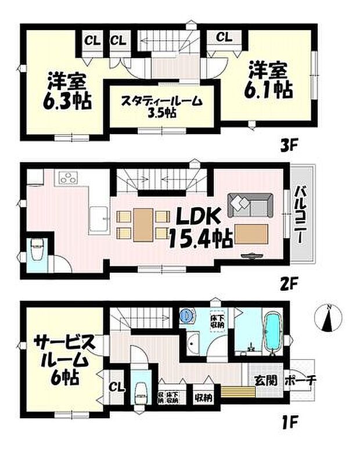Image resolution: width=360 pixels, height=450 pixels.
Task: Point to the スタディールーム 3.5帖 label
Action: pos(161,105)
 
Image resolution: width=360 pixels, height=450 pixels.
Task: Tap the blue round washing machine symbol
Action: pos(186,316)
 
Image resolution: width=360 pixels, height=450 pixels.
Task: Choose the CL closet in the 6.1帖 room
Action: pos(224,38)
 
